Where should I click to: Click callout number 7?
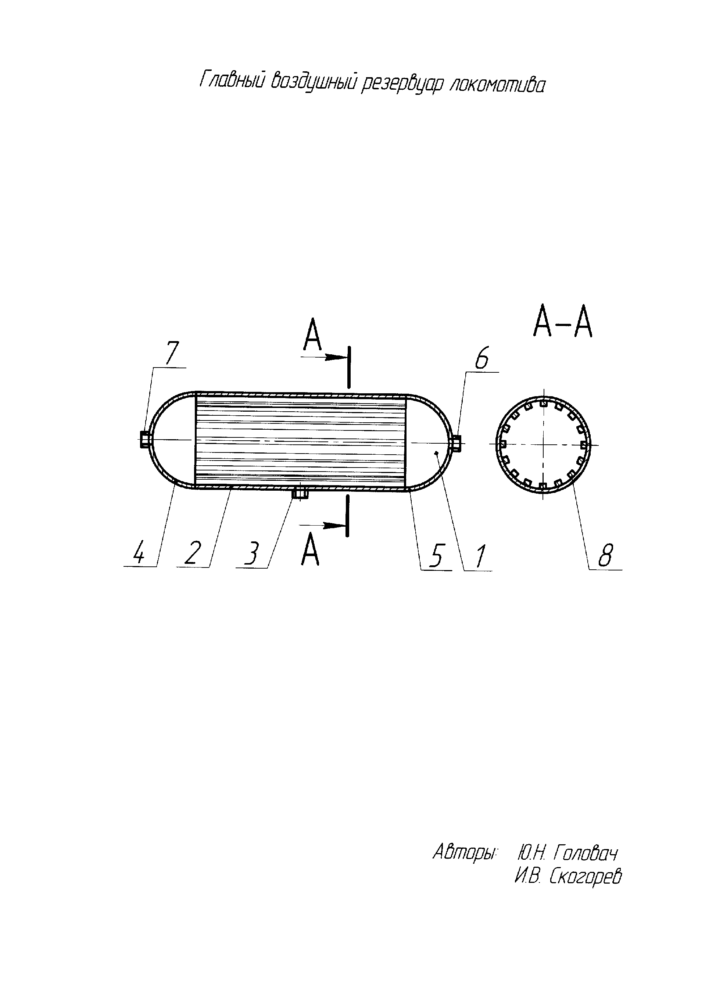coord(172,353)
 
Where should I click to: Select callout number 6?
coord(481,360)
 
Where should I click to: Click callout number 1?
coord(480,557)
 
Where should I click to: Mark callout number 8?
coord(605,556)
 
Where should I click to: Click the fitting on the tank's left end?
coord(144,440)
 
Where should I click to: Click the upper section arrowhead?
coord(333,357)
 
